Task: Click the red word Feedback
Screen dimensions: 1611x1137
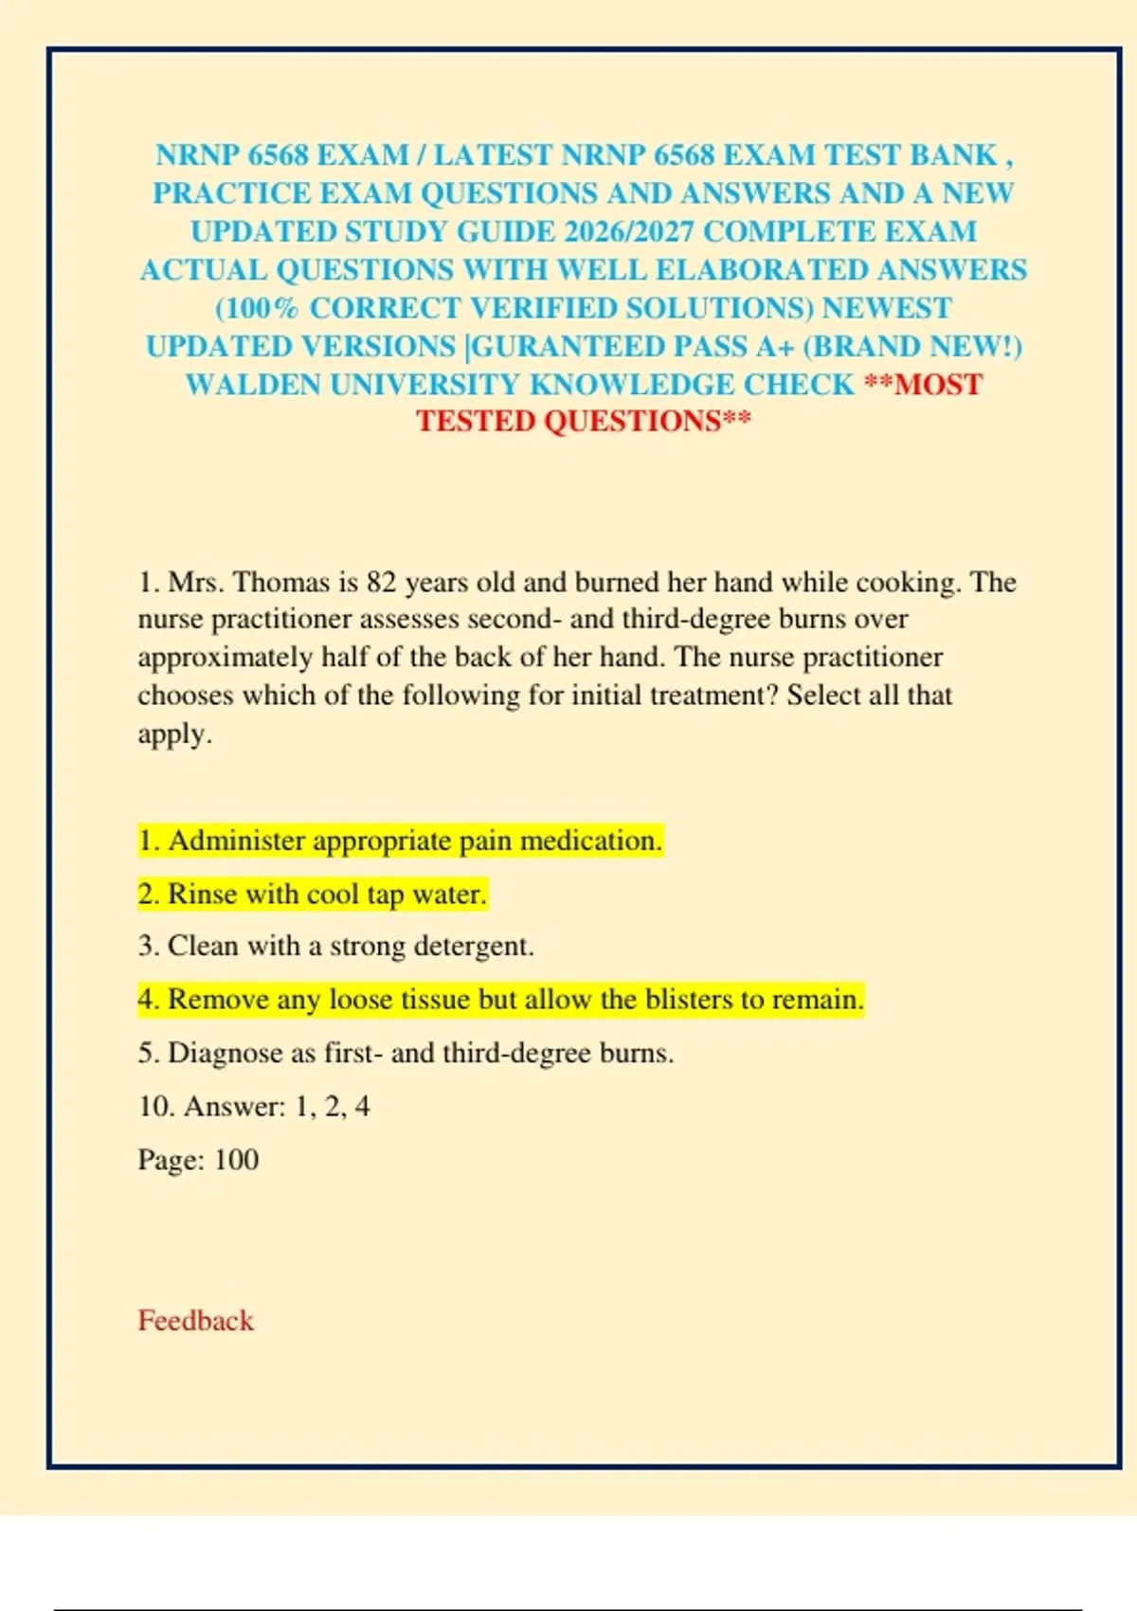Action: tap(195, 1320)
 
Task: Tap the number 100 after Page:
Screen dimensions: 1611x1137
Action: tap(236, 1159)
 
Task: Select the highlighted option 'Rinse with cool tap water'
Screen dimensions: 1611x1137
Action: tap(312, 894)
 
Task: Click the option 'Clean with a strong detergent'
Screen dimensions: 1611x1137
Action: tap(335, 946)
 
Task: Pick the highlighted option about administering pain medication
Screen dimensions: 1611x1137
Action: tap(399, 841)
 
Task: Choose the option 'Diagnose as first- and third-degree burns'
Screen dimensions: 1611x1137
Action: tap(406, 1053)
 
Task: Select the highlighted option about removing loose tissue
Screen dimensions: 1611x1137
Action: tap(500, 999)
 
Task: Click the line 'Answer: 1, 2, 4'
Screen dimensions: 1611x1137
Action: tap(254, 1106)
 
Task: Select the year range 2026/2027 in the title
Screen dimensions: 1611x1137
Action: tap(628, 231)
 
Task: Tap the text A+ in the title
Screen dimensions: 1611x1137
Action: tap(774, 346)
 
